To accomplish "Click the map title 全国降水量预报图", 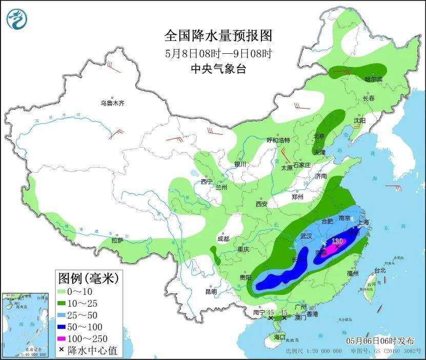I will coord(218,35).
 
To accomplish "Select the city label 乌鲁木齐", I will coord(112,103).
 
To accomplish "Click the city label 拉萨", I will coord(117,240).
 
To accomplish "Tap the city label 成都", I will coord(223,239).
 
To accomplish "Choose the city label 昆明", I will coord(211,292).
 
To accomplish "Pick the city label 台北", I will coord(379,270).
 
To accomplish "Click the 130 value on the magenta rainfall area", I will coord(337,241).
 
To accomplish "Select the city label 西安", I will coord(261,204).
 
